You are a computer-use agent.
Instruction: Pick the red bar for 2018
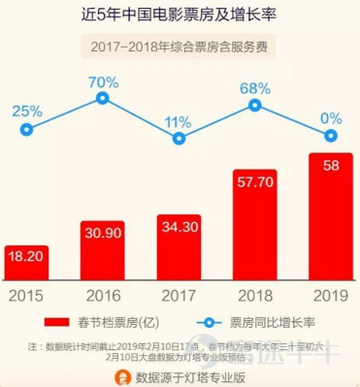tap(254, 224)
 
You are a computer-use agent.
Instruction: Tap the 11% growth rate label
tap(178, 120)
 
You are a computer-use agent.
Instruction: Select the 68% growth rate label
tap(254, 87)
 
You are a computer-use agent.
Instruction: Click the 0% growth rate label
tap(330, 121)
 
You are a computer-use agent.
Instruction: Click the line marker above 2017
tap(178, 140)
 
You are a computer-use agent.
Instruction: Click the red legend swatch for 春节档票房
tap(66, 320)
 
